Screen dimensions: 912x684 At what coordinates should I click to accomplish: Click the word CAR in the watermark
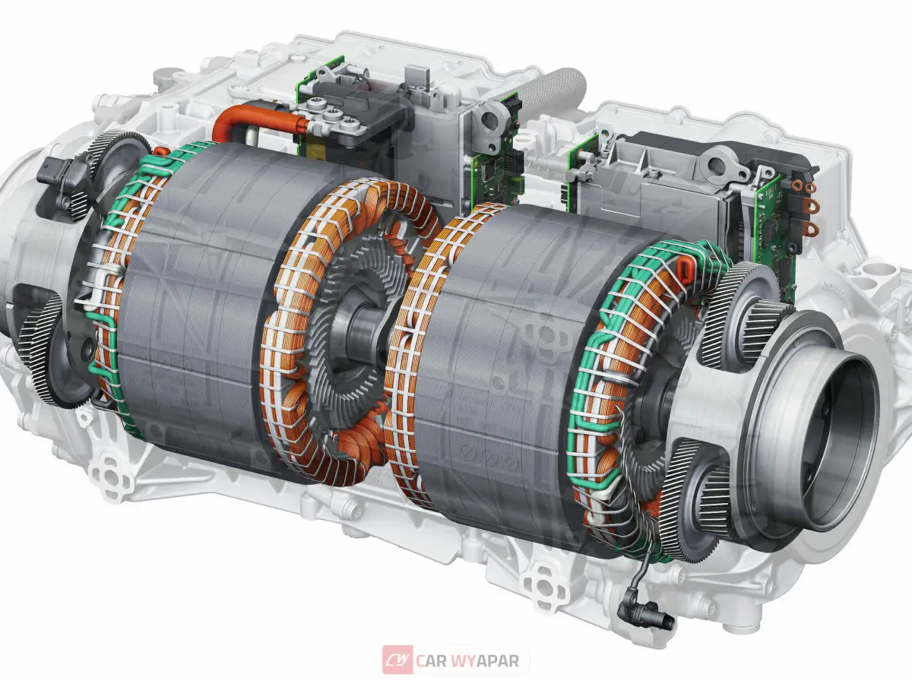click(x=430, y=660)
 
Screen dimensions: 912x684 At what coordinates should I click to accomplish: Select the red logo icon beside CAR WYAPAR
click(x=397, y=660)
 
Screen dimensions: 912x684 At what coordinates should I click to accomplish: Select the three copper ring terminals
click(x=805, y=205)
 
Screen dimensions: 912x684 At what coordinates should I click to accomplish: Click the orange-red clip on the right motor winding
click(x=684, y=271)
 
